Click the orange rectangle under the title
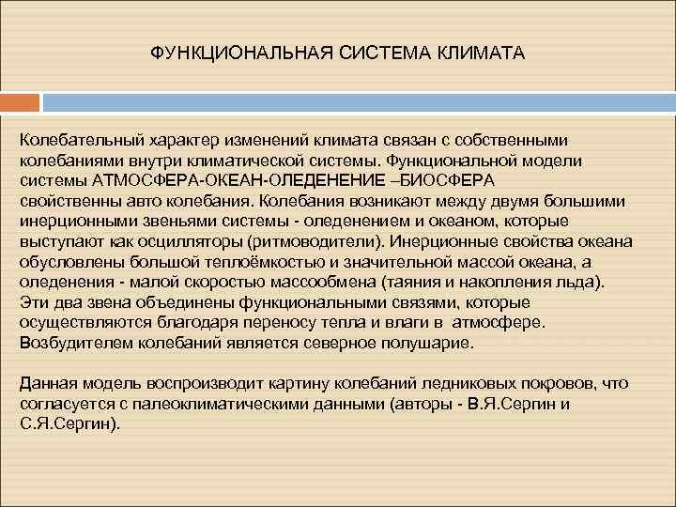[20, 101]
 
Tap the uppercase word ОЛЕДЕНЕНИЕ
[326, 180]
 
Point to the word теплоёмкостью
[252, 262]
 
